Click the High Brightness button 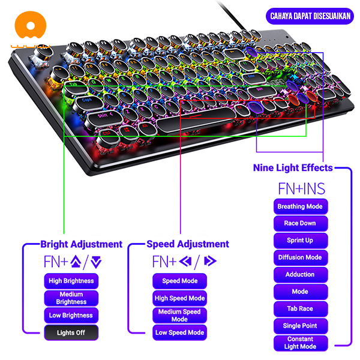71,281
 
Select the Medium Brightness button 71,298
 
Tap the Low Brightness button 71,315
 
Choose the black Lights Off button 71,332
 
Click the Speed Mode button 179,281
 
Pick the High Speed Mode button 179,298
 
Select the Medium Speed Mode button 179,315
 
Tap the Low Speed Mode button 179,332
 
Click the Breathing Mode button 300,206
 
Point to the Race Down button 300,223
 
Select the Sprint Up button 300,240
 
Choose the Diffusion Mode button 300,257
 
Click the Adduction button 300,274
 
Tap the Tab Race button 300,308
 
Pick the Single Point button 300,326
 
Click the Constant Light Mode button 300,343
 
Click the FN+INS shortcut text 301,188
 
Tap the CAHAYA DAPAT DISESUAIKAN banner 310,17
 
